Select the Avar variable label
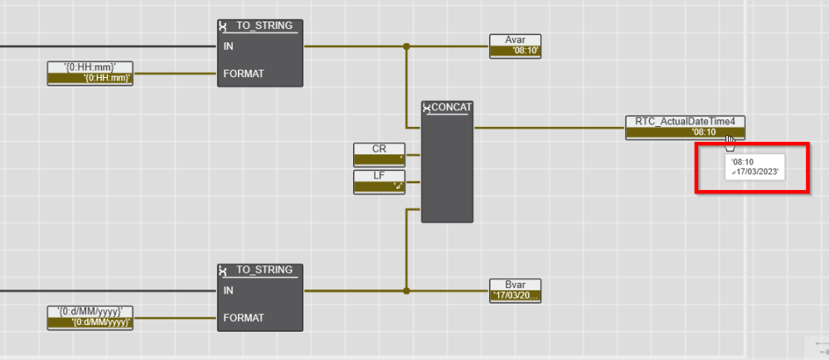515,39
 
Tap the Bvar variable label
515,284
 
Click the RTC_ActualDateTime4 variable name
685,121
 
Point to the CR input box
379,148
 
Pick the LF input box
379,175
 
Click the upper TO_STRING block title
264,26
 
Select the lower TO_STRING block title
264,270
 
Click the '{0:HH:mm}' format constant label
90,66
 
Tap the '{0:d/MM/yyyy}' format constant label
90,311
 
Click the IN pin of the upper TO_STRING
228,46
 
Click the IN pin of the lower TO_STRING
228,290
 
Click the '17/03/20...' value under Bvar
516,295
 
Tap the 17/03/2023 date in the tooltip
757,172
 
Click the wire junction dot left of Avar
406,46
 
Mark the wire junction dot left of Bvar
406,291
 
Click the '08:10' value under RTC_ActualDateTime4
703,133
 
